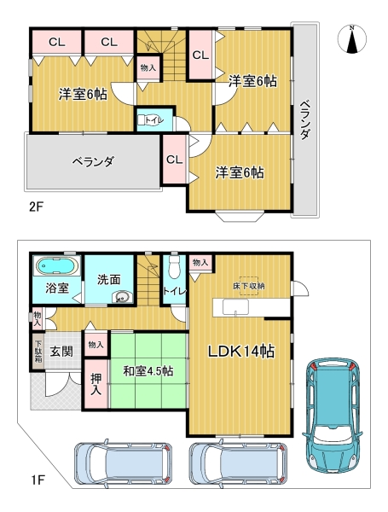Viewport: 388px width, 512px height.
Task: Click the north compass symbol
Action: pyautogui.click(x=352, y=39)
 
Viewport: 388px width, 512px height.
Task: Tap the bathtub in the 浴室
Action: pyautogui.click(x=57, y=265)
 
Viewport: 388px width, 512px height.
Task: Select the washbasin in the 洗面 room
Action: pyautogui.click(x=122, y=296)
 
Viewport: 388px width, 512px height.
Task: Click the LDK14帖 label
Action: pyautogui.click(x=241, y=352)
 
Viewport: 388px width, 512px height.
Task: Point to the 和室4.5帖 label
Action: pyautogui.click(x=148, y=371)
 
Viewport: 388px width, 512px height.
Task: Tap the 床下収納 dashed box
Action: pyautogui.click(x=249, y=286)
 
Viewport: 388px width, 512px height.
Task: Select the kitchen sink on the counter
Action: pyautogui.click(x=235, y=307)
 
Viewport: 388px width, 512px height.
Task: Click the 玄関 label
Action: pyautogui.click(x=61, y=352)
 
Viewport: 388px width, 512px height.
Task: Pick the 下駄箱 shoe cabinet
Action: pyautogui.click(x=38, y=351)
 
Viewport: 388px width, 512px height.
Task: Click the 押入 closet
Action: pyautogui.click(x=96, y=384)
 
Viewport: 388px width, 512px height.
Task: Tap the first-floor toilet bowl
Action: pyautogui.click(x=174, y=267)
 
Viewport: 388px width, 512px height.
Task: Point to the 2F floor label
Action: pyautogui.click(x=36, y=207)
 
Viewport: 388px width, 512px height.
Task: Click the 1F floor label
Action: pyautogui.click(x=38, y=480)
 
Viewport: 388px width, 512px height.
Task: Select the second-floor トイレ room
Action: pyautogui.click(x=154, y=119)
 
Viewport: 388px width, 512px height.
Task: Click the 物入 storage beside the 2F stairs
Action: pyautogui.click(x=148, y=68)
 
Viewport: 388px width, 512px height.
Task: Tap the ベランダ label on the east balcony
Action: pyautogui.click(x=304, y=119)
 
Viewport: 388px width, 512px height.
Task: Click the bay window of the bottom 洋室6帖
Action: pyautogui.click(x=240, y=216)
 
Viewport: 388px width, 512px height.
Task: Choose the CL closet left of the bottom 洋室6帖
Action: pyautogui.click(x=174, y=160)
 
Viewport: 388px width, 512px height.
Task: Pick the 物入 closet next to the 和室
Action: pyautogui.click(x=96, y=345)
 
